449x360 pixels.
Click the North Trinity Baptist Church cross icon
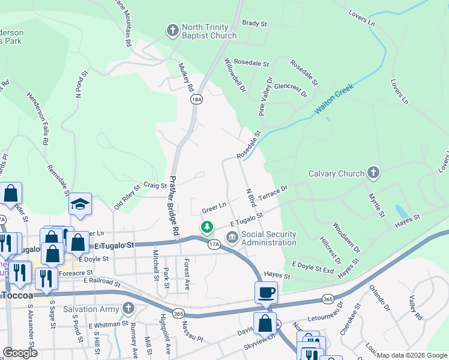click(x=172, y=29)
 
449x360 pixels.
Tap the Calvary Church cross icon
click(x=373, y=173)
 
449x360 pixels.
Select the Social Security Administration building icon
click(x=232, y=239)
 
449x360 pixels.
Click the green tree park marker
click(x=206, y=227)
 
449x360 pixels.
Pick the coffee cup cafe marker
click(x=266, y=292)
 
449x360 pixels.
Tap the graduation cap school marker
click(x=80, y=205)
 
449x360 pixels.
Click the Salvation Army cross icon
click(x=127, y=308)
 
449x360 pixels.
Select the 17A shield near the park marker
click(x=214, y=245)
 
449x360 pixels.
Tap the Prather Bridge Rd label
click(x=175, y=205)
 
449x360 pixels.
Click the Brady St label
click(x=254, y=23)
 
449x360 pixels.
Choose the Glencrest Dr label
click(x=290, y=91)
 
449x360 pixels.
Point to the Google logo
click(x=20, y=353)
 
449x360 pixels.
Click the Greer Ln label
click(x=214, y=207)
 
